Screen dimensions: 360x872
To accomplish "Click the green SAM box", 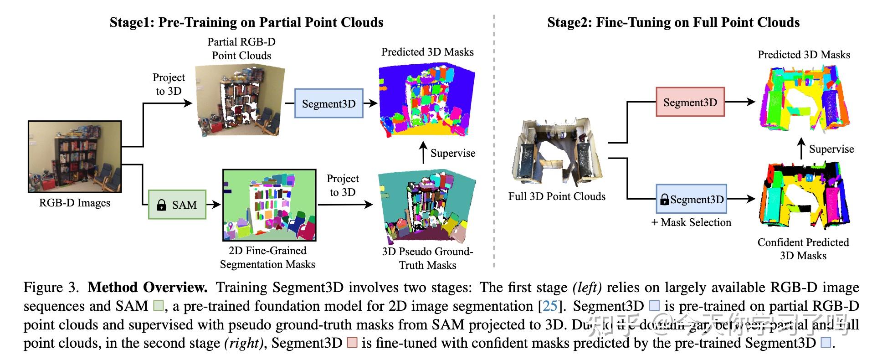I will click(x=177, y=205).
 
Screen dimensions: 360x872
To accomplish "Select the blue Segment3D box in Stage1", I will click(x=328, y=103).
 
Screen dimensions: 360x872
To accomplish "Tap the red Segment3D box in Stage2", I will click(x=690, y=102).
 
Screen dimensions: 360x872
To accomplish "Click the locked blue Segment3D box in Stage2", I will click(x=691, y=199).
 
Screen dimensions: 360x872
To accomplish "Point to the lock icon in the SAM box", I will click(x=161, y=205).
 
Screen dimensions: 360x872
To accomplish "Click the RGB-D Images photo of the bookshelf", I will click(x=75, y=157).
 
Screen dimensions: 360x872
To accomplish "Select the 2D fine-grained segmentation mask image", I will click(x=269, y=205).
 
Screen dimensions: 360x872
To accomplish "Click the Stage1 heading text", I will click(x=246, y=22).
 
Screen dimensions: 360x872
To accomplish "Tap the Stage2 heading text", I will click(x=673, y=22).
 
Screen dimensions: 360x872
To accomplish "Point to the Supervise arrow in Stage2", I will click(x=802, y=149).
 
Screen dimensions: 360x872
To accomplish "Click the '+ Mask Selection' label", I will click(x=691, y=222).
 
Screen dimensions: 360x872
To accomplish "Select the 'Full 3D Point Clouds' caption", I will click(x=557, y=196).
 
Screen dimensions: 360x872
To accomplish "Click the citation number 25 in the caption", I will click(x=550, y=306).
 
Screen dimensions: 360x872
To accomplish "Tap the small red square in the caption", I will click(x=352, y=342).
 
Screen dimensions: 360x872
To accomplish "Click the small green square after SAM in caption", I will click(x=158, y=305).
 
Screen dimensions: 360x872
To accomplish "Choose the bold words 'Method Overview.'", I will click(x=148, y=287).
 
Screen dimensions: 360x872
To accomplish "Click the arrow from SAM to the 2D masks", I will click(x=213, y=205).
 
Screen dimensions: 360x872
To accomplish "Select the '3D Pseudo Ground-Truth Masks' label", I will click(x=427, y=258).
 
